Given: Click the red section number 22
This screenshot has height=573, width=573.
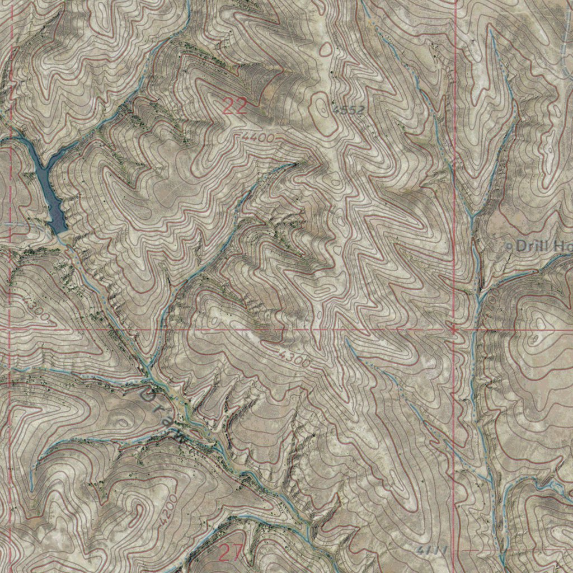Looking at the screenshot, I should point(235,106).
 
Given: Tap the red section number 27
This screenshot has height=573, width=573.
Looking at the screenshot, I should point(230,553).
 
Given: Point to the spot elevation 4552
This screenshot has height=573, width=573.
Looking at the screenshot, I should point(348,110).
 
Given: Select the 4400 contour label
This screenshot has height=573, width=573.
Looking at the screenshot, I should point(259,137).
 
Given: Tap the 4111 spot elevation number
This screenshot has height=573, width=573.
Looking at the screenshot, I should point(433,551).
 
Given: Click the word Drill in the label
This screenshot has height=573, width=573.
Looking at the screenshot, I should point(532,245).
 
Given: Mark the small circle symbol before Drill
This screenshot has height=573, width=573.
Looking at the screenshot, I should point(509,246).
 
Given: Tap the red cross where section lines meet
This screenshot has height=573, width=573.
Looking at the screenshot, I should point(454,330).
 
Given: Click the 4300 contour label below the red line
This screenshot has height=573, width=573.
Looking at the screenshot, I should point(294,360).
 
